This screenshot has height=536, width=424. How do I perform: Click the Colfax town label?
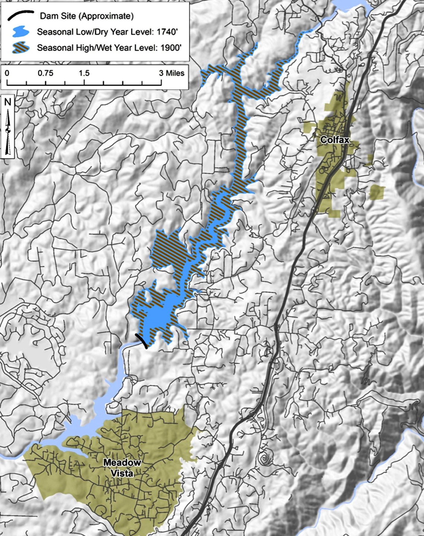(x=335, y=140)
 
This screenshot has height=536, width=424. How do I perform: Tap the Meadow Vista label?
(x=122, y=468)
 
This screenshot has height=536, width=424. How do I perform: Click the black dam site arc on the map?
(x=142, y=341)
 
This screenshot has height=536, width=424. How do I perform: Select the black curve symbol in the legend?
(x=20, y=16)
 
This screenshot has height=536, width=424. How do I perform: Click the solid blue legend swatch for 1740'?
(x=20, y=32)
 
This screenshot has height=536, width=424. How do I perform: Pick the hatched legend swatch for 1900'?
(x=20, y=47)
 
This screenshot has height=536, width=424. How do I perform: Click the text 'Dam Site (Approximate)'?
(x=86, y=16)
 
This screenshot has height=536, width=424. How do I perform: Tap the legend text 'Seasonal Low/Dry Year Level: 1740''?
(x=107, y=32)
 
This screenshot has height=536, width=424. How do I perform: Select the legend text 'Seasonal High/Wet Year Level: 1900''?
(x=109, y=48)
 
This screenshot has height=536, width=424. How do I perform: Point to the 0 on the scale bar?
(x=7, y=73)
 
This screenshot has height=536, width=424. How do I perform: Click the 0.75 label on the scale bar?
(x=45, y=73)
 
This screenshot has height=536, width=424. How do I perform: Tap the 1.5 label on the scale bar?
(x=84, y=73)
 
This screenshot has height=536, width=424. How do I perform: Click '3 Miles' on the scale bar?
(x=171, y=73)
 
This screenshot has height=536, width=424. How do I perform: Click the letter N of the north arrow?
(x=7, y=102)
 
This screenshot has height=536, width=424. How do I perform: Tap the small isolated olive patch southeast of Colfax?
(x=376, y=192)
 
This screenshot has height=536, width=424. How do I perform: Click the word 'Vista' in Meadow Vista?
(x=122, y=473)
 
